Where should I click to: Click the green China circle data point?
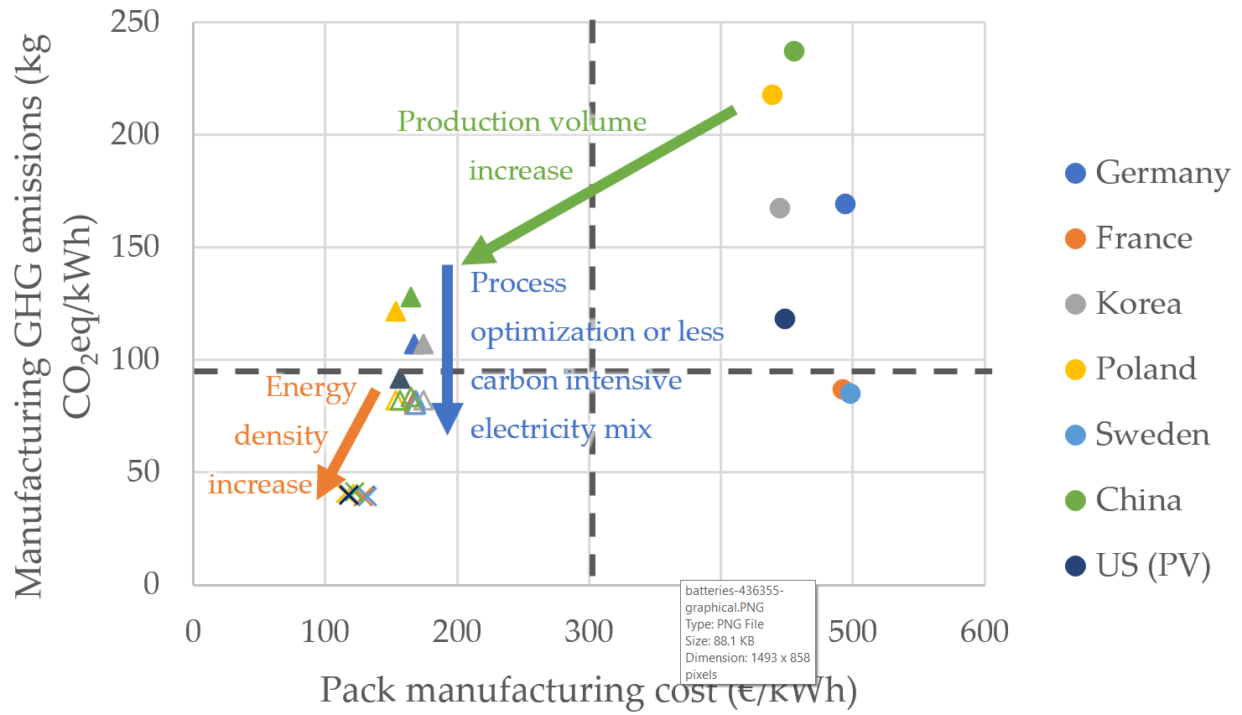point(793,51)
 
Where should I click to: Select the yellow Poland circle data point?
point(772,95)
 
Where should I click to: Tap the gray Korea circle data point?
point(779,207)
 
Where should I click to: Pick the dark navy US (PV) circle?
point(784,319)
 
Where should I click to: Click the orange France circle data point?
point(841,389)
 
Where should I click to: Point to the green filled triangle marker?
point(411,297)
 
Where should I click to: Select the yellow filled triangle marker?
point(395,312)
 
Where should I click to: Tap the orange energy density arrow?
point(348,443)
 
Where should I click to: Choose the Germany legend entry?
point(1146,173)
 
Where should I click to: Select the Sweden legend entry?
point(1137,435)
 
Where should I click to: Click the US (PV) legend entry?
point(1137,566)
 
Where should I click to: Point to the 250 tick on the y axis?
point(135,22)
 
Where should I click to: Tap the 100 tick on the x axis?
point(325,631)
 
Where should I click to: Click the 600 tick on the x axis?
point(984,631)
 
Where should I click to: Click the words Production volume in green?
point(521,122)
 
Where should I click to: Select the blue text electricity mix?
point(560,429)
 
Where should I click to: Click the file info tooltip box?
point(748,632)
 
